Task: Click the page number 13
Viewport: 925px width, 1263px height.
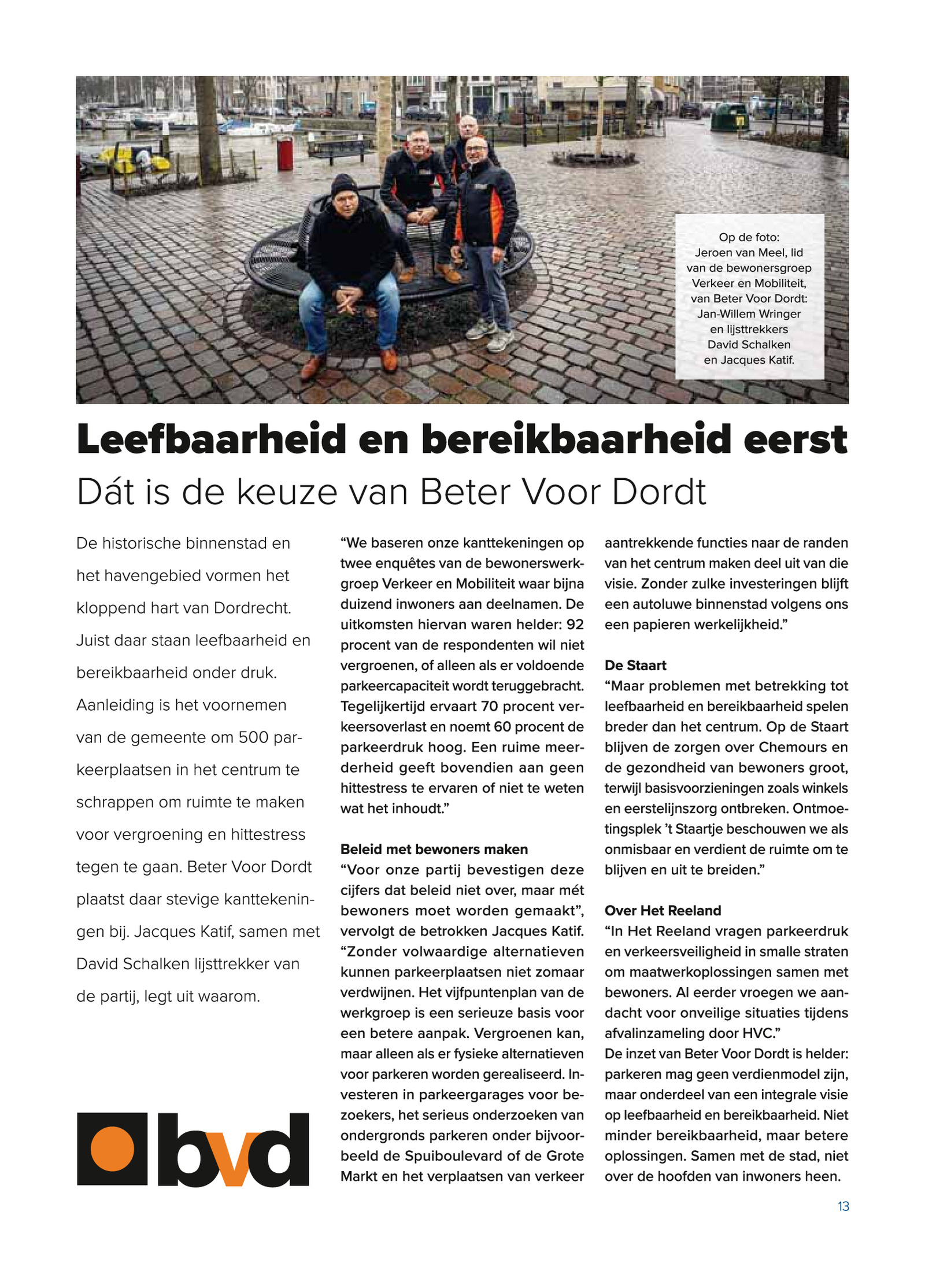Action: pyautogui.click(x=843, y=1206)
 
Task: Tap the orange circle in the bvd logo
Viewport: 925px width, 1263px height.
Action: pyautogui.click(x=112, y=1148)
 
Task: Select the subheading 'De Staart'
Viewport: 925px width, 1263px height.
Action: pyautogui.click(x=635, y=665)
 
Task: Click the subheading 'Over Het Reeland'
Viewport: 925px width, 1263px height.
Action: pyautogui.click(x=663, y=910)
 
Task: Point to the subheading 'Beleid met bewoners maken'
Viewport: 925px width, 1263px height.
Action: pyautogui.click(x=434, y=849)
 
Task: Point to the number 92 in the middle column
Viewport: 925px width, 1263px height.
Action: pyautogui.click(x=575, y=625)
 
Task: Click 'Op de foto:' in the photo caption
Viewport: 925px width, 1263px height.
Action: pyautogui.click(x=749, y=237)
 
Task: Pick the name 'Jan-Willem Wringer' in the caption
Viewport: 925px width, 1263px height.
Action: pyautogui.click(x=749, y=314)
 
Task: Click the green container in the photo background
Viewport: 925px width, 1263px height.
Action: pyautogui.click(x=730, y=117)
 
